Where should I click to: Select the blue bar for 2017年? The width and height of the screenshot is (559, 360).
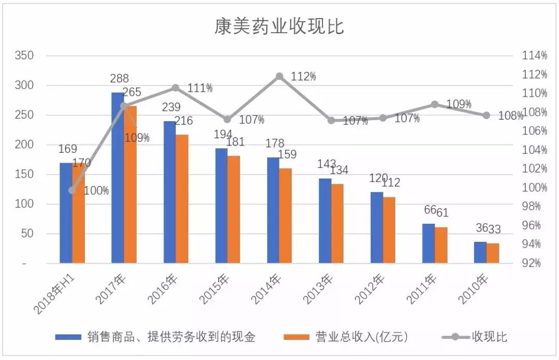pos(118,179)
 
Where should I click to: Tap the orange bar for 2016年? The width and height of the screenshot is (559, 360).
pos(182,199)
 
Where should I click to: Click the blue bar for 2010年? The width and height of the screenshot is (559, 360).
pos(480,253)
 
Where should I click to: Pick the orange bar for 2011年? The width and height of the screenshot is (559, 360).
pos(441,246)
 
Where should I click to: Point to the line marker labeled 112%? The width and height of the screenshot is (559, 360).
pos(279,76)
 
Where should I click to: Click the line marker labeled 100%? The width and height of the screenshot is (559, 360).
pos(72,190)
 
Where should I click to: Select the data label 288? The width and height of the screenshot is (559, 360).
pos(120,79)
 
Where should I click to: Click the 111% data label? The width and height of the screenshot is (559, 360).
pos(200,88)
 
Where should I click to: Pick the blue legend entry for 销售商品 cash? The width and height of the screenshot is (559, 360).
pos(155,337)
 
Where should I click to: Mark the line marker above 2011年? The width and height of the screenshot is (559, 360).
pos(435,104)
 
